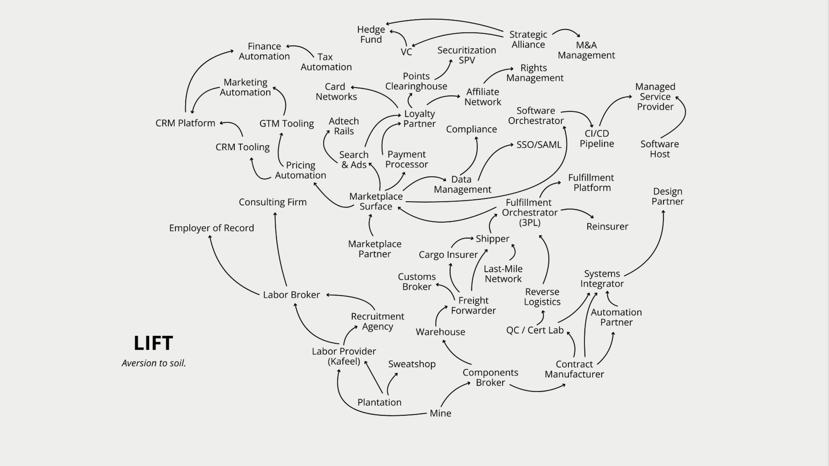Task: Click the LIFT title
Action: [x=153, y=343]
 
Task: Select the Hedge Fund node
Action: [x=371, y=34]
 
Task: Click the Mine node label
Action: [x=440, y=413]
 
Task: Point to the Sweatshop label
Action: [x=412, y=364]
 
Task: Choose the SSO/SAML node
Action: [x=539, y=145]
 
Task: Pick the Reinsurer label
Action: [x=607, y=226]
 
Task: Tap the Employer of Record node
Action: [x=212, y=228]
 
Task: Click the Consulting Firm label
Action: [x=272, y=202]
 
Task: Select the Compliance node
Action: [x=471, y=129]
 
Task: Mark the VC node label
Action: [x=406, y=52]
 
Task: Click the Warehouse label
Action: [x=440, y=332]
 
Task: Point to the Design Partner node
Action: [x=668, y=197]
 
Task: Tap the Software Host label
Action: [x=660, y=149]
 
